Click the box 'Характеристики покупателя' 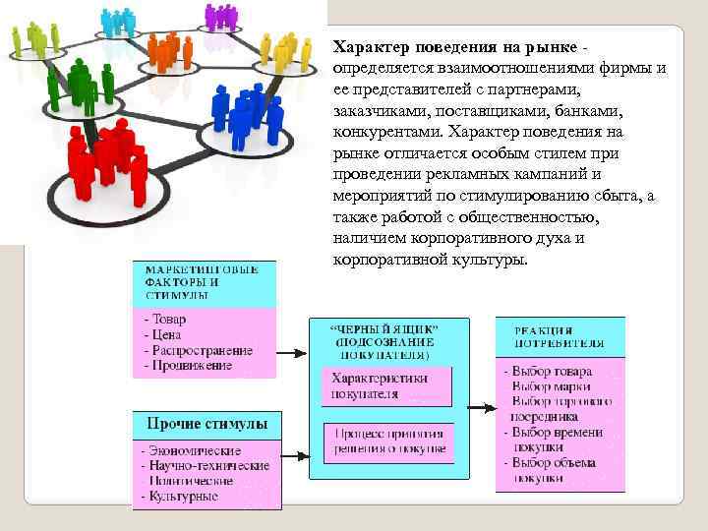(x=387, y=386)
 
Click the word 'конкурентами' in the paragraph (x=379, y=131)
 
